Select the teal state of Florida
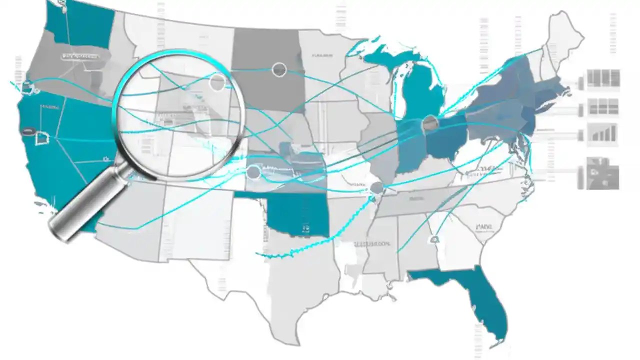click(x=480, y=295)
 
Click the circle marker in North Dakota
click(x=279, y=70)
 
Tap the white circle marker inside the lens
click(x=217, y=82)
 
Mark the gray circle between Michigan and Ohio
click(x=429, y=123)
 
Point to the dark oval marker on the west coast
click(x=27, y=132)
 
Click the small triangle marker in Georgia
click(x=434, y=240)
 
